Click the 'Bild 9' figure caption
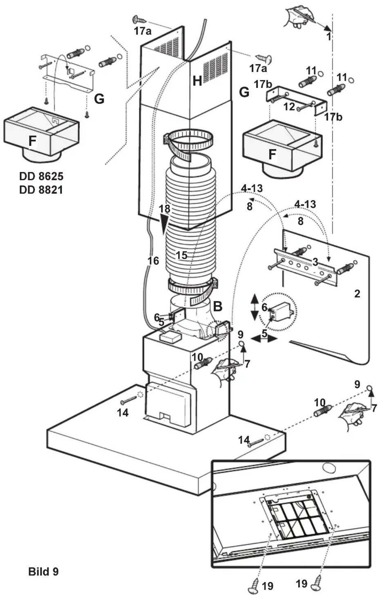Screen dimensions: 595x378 coord(43,571)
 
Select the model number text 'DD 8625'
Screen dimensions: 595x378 coord(41,177)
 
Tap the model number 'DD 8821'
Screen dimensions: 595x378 coord(41,190)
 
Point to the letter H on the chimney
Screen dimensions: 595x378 coord(197,81)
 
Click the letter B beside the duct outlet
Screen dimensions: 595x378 coord(217,306)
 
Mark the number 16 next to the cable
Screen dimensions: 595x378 coord(153,261)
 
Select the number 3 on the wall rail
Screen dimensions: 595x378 coord(315,262)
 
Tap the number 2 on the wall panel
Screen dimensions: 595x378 coord(357,294)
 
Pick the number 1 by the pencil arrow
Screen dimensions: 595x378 coord(328,37)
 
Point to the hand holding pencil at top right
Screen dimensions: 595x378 coord(298,17)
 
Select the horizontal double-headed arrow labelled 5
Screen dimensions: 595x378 coord(264,338)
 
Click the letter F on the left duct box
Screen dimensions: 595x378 coord(32,141)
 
